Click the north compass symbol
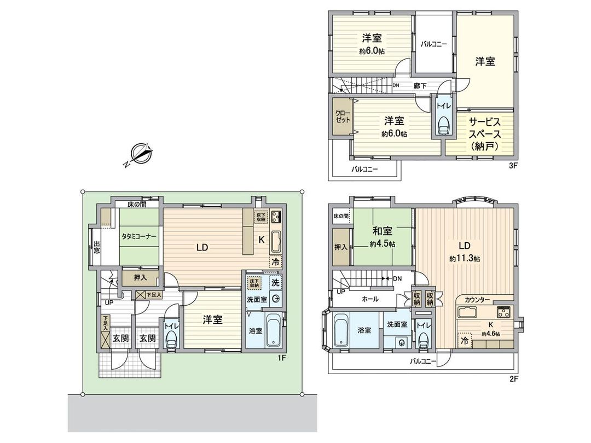tap(141, 154)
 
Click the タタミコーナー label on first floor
tap(140, 237)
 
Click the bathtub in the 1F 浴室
tap(274, 330)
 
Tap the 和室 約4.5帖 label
tap(383, 237)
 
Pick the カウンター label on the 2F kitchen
tap(477, 300)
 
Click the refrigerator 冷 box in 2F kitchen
tap(465, 340)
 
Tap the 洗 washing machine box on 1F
tap(275, 283)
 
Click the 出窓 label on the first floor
tap(97, 248)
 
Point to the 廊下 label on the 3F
tap(420, 86)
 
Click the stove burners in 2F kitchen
tap(503, 313)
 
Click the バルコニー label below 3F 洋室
tap(364, 170)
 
